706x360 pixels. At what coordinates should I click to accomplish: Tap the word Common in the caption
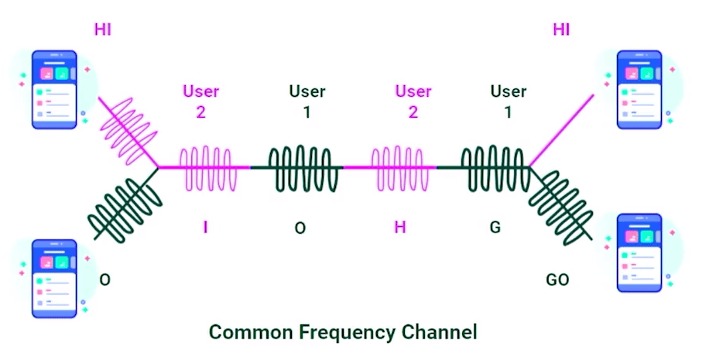coord(248,333)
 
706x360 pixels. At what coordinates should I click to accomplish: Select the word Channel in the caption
coord(438,333)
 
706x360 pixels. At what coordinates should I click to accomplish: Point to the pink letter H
coord(399,228)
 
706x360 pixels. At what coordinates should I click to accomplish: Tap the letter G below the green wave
coord(495,228)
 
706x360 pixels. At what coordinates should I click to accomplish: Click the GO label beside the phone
coord(557,279)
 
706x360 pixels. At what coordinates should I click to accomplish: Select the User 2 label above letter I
coord(200,101)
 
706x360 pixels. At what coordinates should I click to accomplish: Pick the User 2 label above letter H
coord(413,101)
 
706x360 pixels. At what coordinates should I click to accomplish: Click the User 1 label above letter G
coord(508,101)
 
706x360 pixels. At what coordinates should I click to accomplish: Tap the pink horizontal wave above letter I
coord(206,166)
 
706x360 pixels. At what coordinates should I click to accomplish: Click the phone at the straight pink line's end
coord(639,88)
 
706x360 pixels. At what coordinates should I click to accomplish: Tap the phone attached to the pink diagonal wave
coord(54,88)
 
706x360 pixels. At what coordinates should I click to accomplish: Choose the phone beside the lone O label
coord(54,277)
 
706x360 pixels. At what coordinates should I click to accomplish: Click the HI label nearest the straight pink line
coord(561,30)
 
